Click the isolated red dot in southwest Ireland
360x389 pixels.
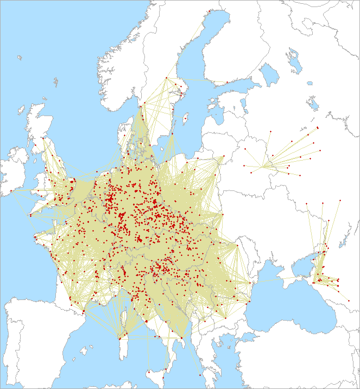10,191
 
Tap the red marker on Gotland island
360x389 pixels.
186,116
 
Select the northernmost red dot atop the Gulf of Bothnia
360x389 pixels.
209,10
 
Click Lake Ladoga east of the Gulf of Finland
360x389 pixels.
268,74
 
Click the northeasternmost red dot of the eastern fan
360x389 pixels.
318,127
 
